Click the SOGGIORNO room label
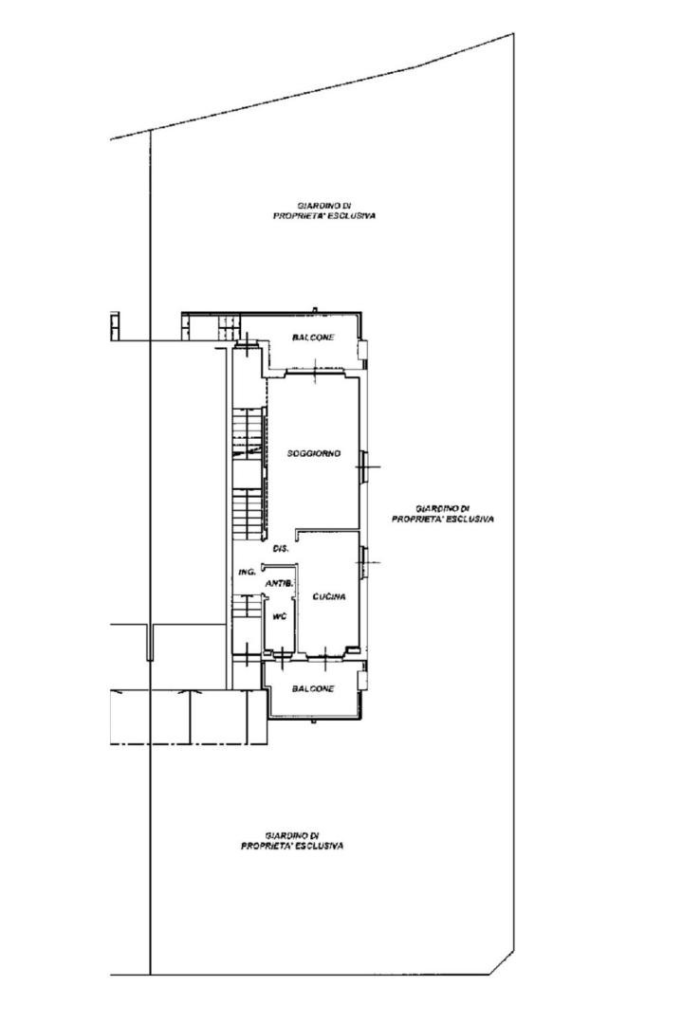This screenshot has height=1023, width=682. point(314,453)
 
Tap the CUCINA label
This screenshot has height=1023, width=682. point(328,596)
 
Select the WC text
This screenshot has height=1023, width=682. point(279,616)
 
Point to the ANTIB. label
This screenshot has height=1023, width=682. point(279,583)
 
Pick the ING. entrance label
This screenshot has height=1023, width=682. point(246,572)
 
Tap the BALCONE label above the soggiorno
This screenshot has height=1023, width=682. point(313,338)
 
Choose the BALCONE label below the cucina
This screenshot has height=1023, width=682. point(313,688)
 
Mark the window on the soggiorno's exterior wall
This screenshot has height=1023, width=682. point(363,467)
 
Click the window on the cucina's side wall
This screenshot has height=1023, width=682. point(363,562)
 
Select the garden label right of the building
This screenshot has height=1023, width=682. point(442,514)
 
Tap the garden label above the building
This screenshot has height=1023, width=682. point(324,210)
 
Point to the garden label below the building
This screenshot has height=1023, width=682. point(292,840)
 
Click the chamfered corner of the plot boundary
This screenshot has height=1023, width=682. point(502,962)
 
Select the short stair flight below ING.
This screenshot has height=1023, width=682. point(248,606)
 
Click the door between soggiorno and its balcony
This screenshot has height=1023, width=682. point(315,373)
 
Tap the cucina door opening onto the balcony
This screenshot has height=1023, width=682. point(325,653)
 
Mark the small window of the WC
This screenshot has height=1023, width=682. point(281,653)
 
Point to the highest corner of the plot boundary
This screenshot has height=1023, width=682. point(513,34)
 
